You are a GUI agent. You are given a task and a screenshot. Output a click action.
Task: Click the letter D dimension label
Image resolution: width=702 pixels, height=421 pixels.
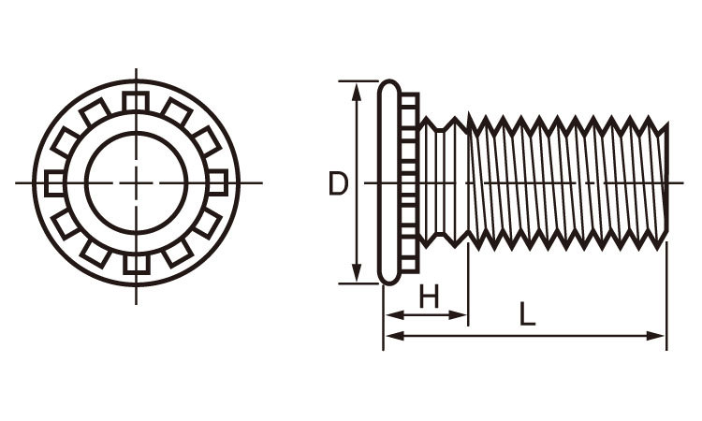tap(338, 183)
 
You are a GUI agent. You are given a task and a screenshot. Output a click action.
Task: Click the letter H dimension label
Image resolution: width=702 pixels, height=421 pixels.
tap(429, 297)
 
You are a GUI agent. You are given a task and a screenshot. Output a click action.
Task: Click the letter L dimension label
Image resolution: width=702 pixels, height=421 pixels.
tap(527, 313)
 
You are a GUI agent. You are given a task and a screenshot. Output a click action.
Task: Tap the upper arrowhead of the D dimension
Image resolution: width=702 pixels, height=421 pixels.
tap(357, 92)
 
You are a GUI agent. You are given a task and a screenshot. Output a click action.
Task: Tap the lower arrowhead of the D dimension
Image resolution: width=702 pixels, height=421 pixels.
tap(357, 273)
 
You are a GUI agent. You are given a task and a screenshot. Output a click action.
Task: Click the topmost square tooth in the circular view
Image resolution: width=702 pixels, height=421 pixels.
tap(136, 102)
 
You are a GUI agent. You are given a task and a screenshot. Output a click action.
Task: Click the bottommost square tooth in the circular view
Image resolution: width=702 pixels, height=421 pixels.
tap(137, 264)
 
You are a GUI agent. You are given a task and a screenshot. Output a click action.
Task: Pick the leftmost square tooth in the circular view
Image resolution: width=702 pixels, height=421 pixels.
tap(54, 183)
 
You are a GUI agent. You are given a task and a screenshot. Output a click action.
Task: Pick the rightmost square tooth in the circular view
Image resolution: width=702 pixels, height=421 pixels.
tap(217, 182)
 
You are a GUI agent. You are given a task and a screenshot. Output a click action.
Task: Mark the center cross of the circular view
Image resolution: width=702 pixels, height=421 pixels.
tap(136, 182)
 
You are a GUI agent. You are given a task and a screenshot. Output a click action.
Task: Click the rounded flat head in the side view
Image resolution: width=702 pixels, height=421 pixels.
tap(389, 182)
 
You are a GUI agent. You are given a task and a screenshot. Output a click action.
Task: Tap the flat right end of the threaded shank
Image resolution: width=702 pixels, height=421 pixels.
tap(666, 182)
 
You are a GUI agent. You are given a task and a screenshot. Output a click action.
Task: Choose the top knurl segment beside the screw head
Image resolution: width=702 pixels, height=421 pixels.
tap(410, 100)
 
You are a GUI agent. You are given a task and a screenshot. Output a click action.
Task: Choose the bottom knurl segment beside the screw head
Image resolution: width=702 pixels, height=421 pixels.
tap(410, 266)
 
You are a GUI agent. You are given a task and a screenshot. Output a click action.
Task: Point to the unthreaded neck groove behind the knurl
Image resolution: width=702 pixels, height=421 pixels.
tap(440, 182)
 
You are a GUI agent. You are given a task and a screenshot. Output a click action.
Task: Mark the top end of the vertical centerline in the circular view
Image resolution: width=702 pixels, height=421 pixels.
tap(136, 69)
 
